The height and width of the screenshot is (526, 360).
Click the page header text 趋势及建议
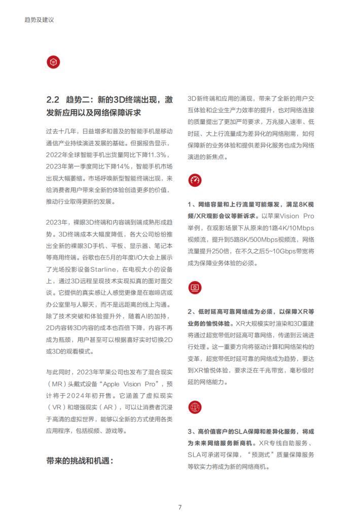pos(39,20)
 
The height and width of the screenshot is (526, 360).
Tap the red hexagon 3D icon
pos(53,62)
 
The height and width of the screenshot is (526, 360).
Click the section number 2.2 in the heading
pos(53,99)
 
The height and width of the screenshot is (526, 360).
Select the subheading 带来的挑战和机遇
pos(79,461)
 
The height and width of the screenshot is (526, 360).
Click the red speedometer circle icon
pos(195,180)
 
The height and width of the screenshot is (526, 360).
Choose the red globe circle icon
pos(195,406)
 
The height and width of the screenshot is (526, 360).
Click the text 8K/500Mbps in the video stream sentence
pos(247,239)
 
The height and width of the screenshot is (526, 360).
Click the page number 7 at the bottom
pos(180,507)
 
